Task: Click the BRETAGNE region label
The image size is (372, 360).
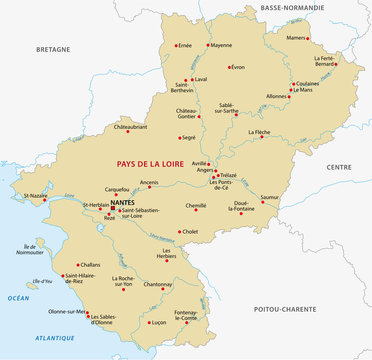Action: (x=52, y=47)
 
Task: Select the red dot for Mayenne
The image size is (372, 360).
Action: (x=207, y=45)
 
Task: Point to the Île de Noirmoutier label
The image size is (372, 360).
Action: (x=37, y=250)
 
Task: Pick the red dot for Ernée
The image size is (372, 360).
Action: (x=176, y=45)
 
